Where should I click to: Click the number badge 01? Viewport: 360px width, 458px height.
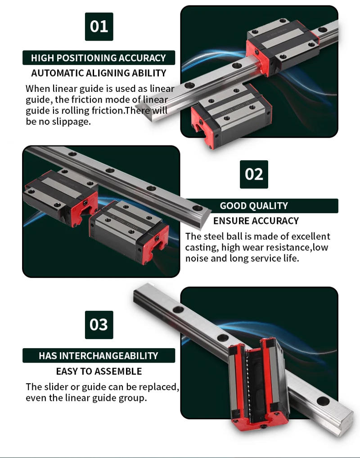(99, 27)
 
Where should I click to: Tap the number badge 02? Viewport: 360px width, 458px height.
(254, 174)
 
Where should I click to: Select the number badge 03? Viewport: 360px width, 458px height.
(99, 325)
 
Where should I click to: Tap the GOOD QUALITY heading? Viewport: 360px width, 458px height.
(254, 206)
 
